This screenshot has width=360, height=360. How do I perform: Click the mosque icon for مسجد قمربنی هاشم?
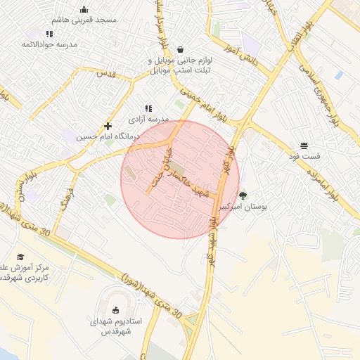coord(84,10)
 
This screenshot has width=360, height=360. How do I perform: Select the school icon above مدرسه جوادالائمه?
coord(49,34)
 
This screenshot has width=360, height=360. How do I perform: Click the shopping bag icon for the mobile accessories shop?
coord(181,49)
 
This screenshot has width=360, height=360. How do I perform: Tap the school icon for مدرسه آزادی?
coord(148,108)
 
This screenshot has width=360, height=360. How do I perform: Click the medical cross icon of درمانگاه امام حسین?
coord(108,126)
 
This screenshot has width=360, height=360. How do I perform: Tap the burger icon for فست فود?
coord(304,146)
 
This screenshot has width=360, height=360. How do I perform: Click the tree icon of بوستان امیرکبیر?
coord(243,195)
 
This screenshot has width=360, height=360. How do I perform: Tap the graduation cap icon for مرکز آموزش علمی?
coord(20,257)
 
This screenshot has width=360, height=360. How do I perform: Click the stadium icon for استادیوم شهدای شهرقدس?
coord(116,310)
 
